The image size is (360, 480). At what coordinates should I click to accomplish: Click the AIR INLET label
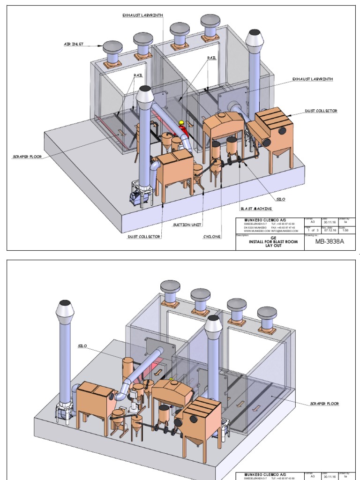(74, 45)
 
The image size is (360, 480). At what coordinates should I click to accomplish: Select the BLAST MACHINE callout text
(256, 208)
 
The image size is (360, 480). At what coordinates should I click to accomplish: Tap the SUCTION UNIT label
(187, 225)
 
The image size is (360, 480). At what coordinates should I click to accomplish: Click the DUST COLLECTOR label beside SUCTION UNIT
(144, 237)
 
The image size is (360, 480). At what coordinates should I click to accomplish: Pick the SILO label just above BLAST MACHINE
(280, 199)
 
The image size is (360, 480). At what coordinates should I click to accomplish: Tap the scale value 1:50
(346, 230)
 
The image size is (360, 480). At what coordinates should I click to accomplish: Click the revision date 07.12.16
(327, 230)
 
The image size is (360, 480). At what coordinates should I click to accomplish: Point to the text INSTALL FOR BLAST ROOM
(273, 242)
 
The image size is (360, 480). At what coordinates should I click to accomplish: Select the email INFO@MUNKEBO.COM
(283, 231)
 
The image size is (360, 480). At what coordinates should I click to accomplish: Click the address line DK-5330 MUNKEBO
(256, 227)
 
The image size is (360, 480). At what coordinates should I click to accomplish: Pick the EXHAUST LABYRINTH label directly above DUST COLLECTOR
(313, 79)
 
